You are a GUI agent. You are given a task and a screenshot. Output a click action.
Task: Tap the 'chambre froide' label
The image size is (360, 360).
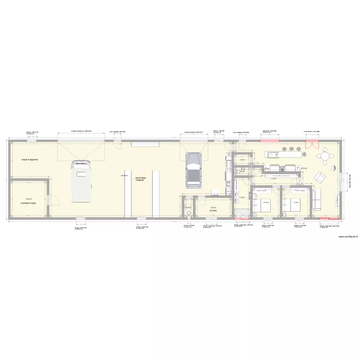pyautogui.click(x=28, y=204)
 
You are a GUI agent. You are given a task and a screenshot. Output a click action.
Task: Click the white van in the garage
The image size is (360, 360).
pyautogui.click(x=81, y=182)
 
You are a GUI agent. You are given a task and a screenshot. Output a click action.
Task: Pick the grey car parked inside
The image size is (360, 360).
pyautogui.click(x=193, y=170)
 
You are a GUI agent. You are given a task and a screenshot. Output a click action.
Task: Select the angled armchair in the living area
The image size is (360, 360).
pyautogui.click(x=319, y=178)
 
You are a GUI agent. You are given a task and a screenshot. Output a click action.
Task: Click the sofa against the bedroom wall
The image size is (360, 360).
pyautogui.click(x=317, y=199)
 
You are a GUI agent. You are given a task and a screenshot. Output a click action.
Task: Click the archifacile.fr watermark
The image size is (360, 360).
pyautogui.click(x=348, y=237)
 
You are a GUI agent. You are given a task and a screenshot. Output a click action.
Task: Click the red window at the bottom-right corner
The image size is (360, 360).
pyautogui.click(x=329, y=219)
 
